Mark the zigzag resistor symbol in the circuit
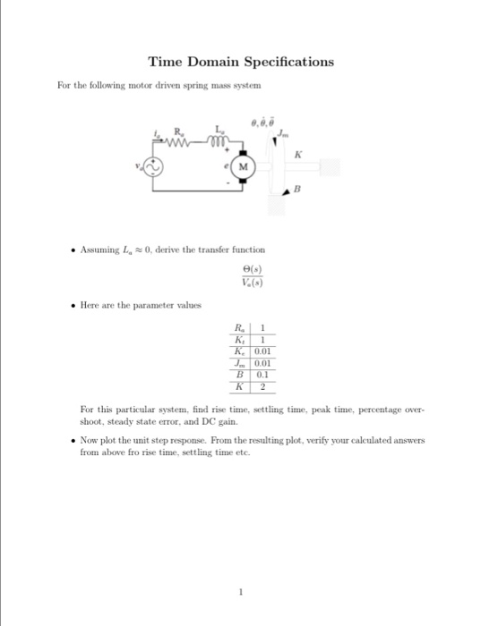(183, 138)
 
